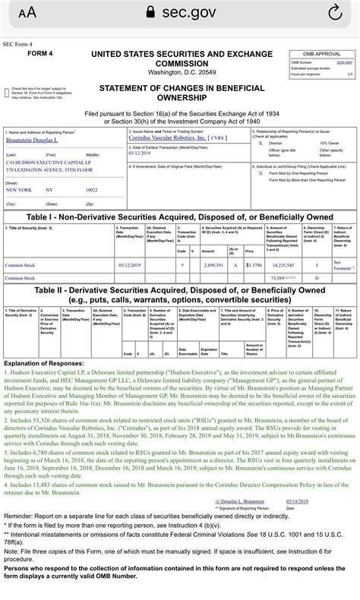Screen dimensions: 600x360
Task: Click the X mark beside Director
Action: pos(261,142)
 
